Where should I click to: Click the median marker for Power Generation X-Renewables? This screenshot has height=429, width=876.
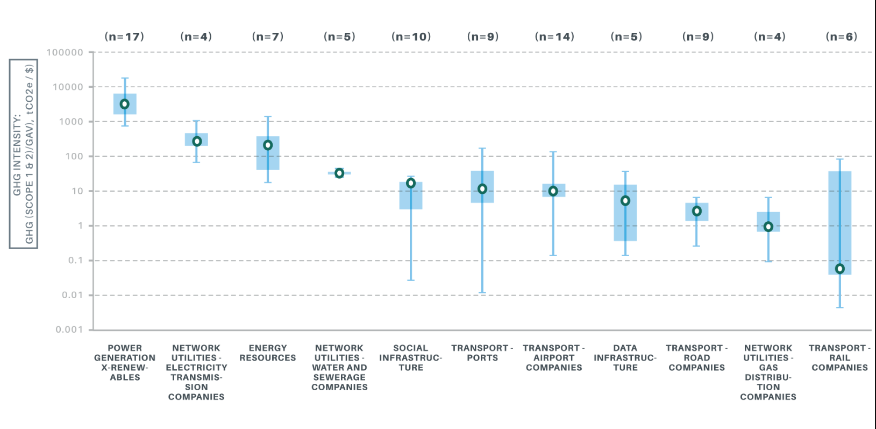(x=125, y=104)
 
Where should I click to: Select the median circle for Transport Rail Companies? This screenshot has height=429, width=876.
(x=840, y=269)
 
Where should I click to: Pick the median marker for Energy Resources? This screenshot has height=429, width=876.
(x=268, y=145)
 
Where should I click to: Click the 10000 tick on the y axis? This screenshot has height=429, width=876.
(x=68, y=87)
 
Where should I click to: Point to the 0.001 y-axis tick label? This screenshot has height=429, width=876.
(x=69, y=329)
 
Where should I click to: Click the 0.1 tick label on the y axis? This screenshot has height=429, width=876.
(x=75, y=261)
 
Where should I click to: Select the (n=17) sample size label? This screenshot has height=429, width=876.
(x=124, y=37)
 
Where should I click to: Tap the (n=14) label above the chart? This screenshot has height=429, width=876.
(x=554, y=37)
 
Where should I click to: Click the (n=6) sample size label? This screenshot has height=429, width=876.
(x=841, y=37)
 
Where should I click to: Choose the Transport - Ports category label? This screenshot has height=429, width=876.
(x=482, y=353)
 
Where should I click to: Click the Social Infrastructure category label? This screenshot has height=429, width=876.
(x=411, y=357)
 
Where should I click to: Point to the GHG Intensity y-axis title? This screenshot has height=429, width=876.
(x=23, y=154)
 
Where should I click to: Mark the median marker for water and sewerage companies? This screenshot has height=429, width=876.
(x=339, y=173)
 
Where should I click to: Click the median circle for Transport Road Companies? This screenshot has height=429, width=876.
(x=697, y=211)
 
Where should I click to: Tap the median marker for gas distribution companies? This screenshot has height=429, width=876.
(x=768, y=227)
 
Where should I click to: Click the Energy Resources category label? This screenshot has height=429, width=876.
(x=268, y=353)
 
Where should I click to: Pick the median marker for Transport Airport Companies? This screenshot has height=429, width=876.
(x=553, y=191)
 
